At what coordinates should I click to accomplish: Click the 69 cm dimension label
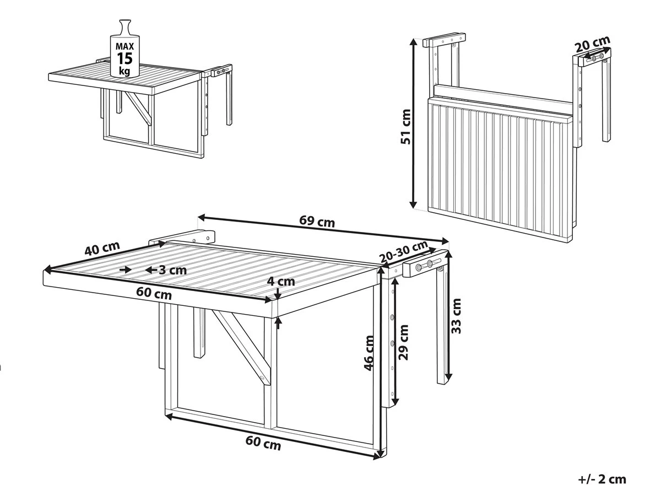click(317, 222)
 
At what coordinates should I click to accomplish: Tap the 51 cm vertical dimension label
click(407, 126)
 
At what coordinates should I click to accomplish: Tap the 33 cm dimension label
click(456, 315)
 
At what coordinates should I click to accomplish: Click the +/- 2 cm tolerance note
click(602, 479)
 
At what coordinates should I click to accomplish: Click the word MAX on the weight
click(125, 45)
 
